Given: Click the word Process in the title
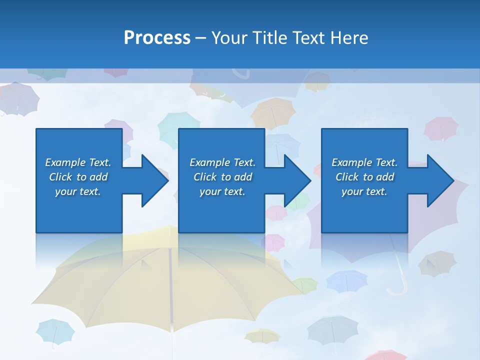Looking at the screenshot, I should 157,38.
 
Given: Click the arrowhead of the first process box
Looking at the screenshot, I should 155,180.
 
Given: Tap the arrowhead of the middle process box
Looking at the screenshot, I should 298,180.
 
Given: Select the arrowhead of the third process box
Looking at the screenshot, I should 440,180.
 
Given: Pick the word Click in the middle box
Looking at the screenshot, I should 205,177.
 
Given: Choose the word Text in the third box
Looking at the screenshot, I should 386,162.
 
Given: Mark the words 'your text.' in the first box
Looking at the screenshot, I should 78,191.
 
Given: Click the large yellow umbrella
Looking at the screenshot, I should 150,280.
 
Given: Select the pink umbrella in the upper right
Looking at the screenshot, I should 441,128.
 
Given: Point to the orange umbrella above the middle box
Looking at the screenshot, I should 273,112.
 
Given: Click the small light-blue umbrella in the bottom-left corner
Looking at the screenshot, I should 55,331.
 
